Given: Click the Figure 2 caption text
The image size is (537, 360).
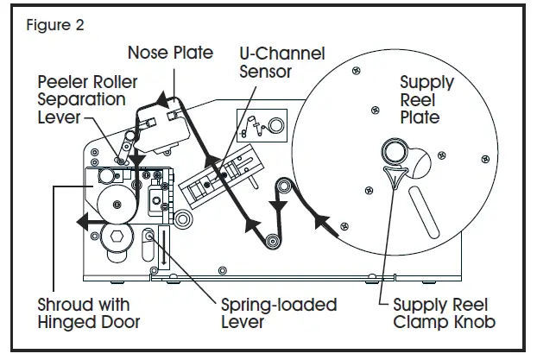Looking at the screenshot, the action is click(x=55, y=25).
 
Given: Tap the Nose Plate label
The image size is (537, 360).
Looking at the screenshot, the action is click(x=171, y=53).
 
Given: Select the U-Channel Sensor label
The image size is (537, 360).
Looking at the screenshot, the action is click(x=281, y=62).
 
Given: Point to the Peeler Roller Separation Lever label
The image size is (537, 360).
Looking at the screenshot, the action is click(x=87, y=99).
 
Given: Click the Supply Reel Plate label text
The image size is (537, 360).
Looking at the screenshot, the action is click(x=426, y=99).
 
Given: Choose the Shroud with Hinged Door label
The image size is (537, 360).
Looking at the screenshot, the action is click(x=89, y=313).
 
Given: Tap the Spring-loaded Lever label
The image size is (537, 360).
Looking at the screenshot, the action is click(x=279, y=313).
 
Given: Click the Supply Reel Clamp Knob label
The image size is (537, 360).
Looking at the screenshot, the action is click(x=444, y=313).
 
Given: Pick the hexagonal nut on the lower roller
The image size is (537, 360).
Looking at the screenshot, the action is click(x=117, y=237).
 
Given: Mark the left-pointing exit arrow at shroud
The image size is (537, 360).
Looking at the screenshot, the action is click(x=90, y=221).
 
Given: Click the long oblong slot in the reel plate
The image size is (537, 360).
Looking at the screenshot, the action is click(x=423, y=212).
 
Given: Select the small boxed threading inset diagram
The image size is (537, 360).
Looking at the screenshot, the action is click(x=262, y=125).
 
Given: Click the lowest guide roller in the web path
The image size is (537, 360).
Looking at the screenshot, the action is click(x=273, y=241).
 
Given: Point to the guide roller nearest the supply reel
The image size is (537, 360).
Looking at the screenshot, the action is click(x=283, y=186).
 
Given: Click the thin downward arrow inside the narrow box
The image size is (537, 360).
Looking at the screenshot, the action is click(x=164, y=247).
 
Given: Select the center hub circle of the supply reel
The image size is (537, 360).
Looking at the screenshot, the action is click(x=394, y=151).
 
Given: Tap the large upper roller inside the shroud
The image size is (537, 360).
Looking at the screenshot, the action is click(x=117, y=205).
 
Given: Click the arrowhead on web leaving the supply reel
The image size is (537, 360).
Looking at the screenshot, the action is click(x=321, y=222).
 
